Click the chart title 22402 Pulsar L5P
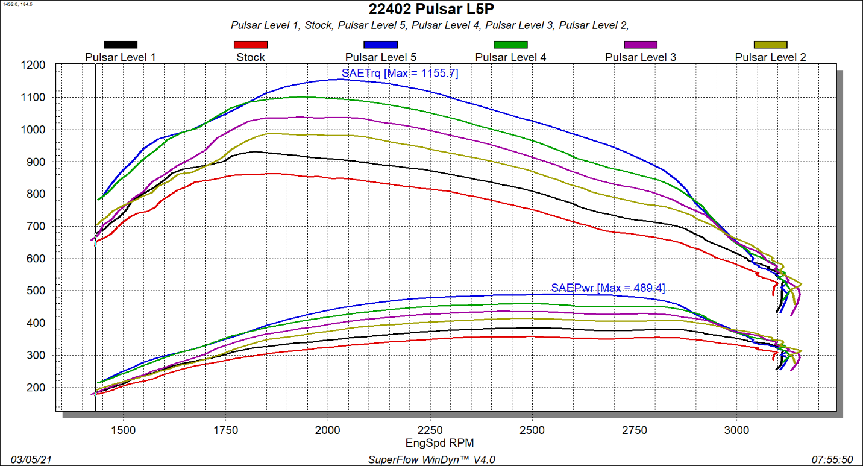[x=431, y=9]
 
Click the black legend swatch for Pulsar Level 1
[x=121, y=45]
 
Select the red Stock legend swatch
[x=250, y=45]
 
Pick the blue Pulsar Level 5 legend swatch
[x=380, y=45]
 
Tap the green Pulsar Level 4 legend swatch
[x=510, y=45]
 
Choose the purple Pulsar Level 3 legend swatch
[x=640, y=45]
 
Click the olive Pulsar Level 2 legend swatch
[x=770, y=45]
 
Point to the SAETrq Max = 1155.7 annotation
[x=400, y=74]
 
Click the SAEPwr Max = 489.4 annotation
[x=608, y=288]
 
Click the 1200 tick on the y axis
[x=34, y=65]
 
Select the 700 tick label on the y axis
[x=36, y=227]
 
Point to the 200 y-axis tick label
[x=36, y=388]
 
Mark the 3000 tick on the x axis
[x=736, y=430]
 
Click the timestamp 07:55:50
[x=835, y=459]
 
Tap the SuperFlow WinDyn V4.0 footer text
[x=431, y=459]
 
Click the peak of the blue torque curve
[x=340, y=79]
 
